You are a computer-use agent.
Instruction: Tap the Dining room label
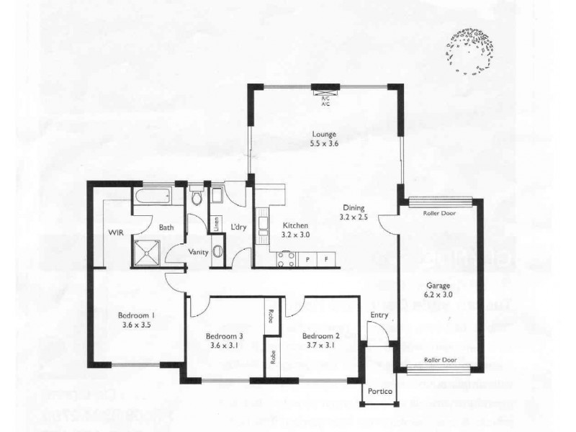click(x=354, y=207)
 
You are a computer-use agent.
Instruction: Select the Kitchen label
click(x=295, y=225)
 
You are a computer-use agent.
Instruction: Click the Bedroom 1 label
click(x=137, y=315)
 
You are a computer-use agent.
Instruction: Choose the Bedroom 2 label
click(x=320, y=336)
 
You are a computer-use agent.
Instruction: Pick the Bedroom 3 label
click(x=224, y=336)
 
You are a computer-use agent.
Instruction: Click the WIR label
click(x=118, y=233)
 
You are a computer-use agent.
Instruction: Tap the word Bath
click(x=166, y=228)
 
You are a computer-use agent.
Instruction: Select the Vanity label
click(x=199, y=252)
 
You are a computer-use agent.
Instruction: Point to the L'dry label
click(x=239, y=228)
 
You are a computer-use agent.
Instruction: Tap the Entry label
click(x=379, y=315)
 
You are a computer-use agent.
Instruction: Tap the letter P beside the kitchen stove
click(x=308, y=258)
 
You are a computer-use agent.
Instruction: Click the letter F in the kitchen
click(x=326, y=258)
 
